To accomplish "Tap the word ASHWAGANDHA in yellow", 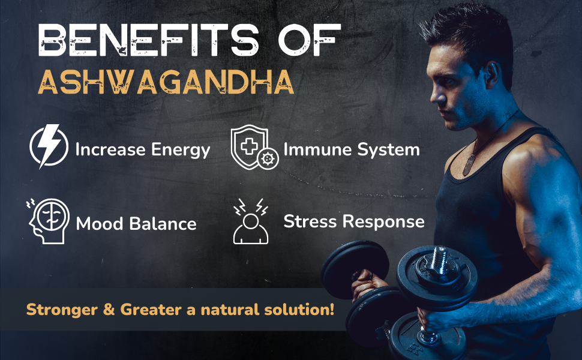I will (x=166, y=83).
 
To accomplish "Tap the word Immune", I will (x=315, y=149).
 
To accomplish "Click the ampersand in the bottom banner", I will (x=110, y=310).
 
